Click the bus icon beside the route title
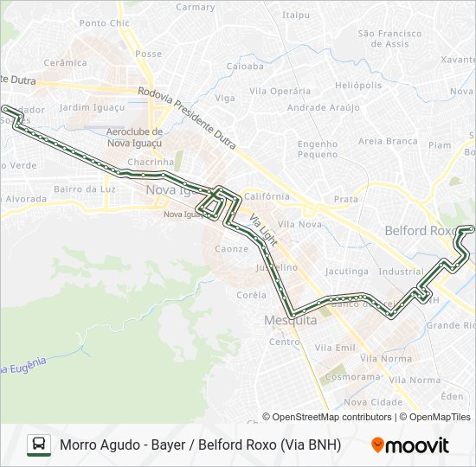coord(39,445)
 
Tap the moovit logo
coord(410,445)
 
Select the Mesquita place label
coord(290,320)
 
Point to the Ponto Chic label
coord(103,23)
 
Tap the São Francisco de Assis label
coord(389,38)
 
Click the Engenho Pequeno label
coord(317,149)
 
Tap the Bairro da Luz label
coord(84,189)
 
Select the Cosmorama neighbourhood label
coord(353,377)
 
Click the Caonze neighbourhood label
coord(231,249)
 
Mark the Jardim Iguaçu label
coord(93,107)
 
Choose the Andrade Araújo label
coord(323,107)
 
